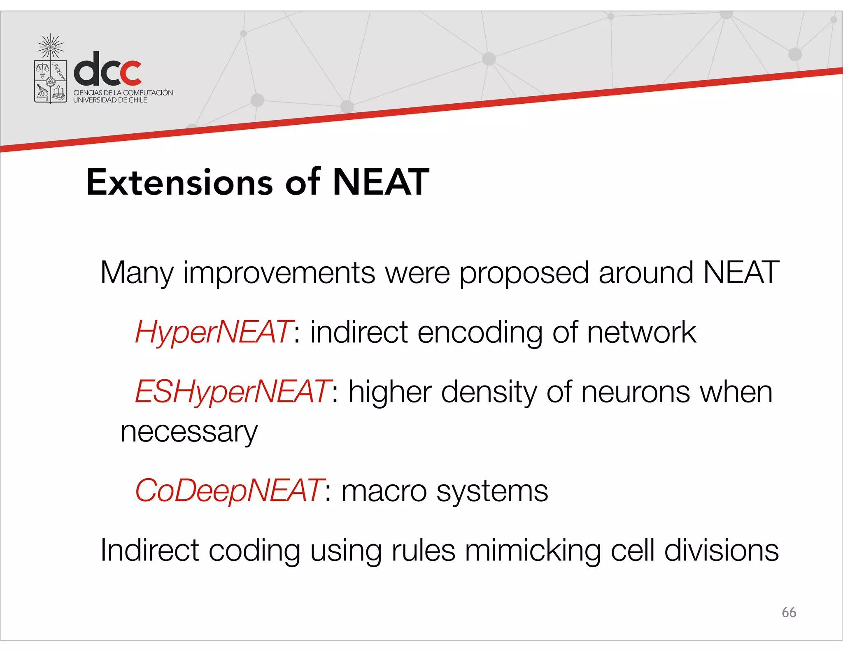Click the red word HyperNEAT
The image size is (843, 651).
(x=214, y=332)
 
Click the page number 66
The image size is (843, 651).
(x=789, y=612)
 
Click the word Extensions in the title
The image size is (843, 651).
(x=179, y=182)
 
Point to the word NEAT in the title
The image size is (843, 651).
(x=381, y=182)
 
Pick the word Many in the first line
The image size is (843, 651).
(x=137, y=273)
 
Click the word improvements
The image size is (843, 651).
(x=279, y=273)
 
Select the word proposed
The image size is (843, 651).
(x=524, y=273)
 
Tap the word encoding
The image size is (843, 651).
(x=480, y=332)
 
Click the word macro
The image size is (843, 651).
(x=384, y=491)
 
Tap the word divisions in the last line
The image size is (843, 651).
(x=721, y=551)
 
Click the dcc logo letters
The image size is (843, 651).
(x=108, y=69)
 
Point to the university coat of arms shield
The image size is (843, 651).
(x=51, y=81)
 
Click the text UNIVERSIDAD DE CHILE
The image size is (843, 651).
(x=110, y=100)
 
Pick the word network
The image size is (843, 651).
(x=641, y=332)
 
